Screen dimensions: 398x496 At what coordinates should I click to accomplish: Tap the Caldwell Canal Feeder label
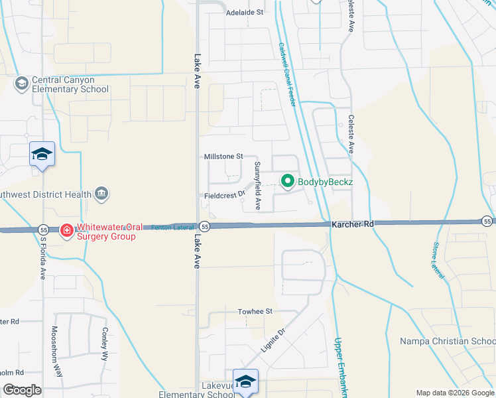(286, 74)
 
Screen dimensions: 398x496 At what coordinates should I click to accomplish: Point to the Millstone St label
(224, 156)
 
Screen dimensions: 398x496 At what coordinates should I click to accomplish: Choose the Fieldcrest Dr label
(225, 196)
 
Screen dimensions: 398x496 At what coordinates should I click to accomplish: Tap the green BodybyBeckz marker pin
(288, 180)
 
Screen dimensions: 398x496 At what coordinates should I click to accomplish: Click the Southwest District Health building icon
(101, 194)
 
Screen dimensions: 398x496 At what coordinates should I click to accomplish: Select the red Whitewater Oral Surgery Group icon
(66, 231)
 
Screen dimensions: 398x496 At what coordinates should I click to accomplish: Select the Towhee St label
(255, 311)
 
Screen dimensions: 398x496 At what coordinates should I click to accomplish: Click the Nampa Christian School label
(447, 342)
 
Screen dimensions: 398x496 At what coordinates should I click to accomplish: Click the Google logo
(22, 389)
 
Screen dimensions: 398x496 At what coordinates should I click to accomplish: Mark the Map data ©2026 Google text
(455, 393)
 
